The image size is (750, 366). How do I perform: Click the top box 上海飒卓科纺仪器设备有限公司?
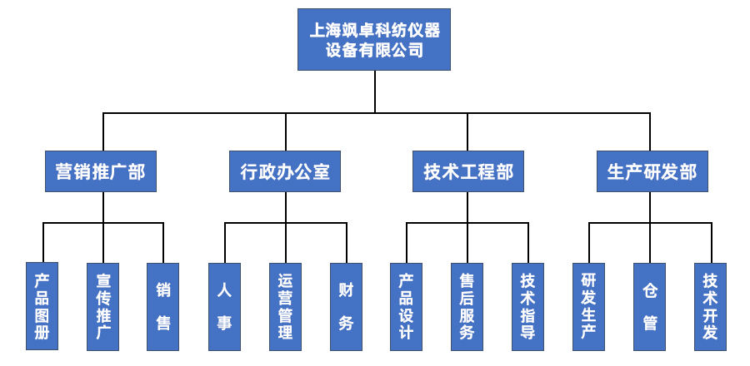(x=374, y=39)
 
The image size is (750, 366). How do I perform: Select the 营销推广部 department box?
(x=100, y=171)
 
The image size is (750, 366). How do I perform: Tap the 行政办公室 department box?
(x=285, y=171)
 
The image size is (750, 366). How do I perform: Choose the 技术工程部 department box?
(x=467, y=171)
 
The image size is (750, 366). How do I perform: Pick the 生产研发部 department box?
(x=652, y=171)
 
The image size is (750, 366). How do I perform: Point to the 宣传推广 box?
(x=103, y=306)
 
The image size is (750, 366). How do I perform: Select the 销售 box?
(x=163, y=306)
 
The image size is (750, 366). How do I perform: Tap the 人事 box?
(x=224, y=306)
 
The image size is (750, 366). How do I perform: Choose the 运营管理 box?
(x=285, y=306)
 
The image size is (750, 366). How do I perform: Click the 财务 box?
(x=346, y=306)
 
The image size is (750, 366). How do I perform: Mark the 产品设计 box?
(x=406, y=306)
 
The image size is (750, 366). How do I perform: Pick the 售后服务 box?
(x=467, y=306)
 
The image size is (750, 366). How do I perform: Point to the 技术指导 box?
(x=527, y=306)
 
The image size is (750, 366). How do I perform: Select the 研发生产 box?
(x=588, y=306)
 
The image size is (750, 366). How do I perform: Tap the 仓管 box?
(x=649, y=306)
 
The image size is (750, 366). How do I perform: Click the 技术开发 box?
(x=710, y=306)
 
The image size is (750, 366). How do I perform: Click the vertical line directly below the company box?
(x=375, y=91)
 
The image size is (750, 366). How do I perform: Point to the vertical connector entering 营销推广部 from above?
(x=103, y=131)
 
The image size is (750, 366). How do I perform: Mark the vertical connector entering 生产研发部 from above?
(x=649, y=131)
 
